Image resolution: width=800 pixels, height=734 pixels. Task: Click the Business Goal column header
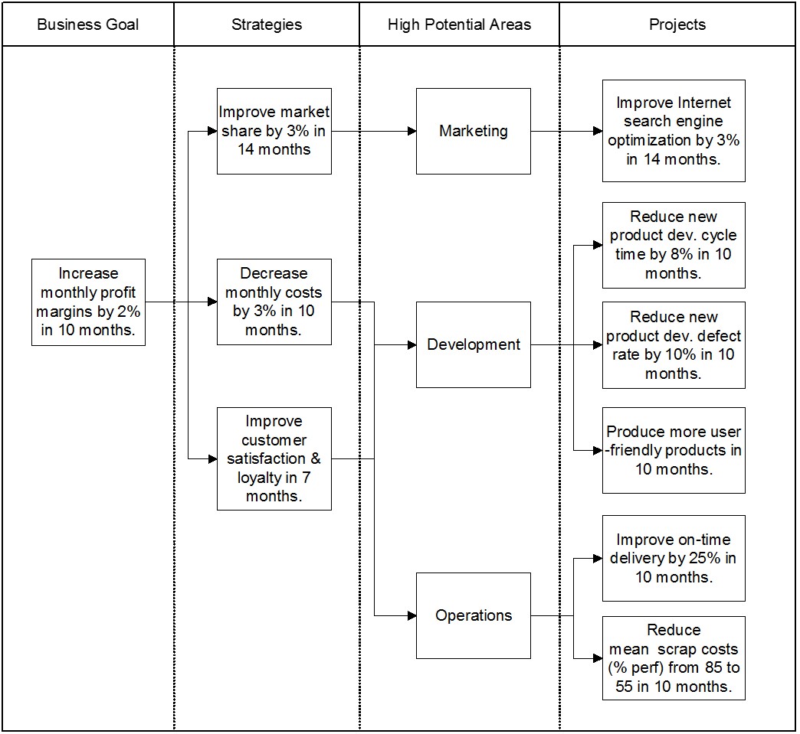[x=88, y=24]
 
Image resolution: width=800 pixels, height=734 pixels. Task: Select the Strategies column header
[x=267, y=24]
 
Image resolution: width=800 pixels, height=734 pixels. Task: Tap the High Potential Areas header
[x=459, y=24]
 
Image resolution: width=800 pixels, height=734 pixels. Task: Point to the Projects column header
[x=677, y=24]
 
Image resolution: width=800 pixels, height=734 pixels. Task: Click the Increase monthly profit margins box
[x=88, y=302]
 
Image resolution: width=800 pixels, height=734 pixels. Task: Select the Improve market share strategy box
[x=274, y=131]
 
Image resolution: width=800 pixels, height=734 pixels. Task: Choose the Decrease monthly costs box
[x=274, y=302]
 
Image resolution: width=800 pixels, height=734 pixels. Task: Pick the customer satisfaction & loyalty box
[x=274, y=458]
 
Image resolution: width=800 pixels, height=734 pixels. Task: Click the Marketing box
[x=474, y=131]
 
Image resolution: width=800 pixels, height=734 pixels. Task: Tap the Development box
[x=474, y=344]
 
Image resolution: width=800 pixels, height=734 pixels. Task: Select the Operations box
[x=474, y=615]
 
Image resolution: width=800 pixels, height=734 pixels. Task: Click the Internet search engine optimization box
[x=674, y=131]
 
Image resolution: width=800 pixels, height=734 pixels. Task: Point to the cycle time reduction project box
[x=674, y=245]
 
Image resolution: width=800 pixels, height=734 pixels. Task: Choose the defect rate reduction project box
[x=674, y=345]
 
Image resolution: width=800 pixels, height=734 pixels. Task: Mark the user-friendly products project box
[x=674, y=450]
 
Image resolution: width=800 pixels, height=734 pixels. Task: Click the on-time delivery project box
[x=674, y=558]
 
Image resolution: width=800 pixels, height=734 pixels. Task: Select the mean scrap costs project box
[x=674, y=658]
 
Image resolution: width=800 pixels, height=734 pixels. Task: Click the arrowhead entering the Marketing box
[x=411, y=131]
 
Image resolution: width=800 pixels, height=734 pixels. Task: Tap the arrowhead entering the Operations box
[x=411, y=615]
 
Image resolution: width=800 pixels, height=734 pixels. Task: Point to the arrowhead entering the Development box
[x=411, y=345]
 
